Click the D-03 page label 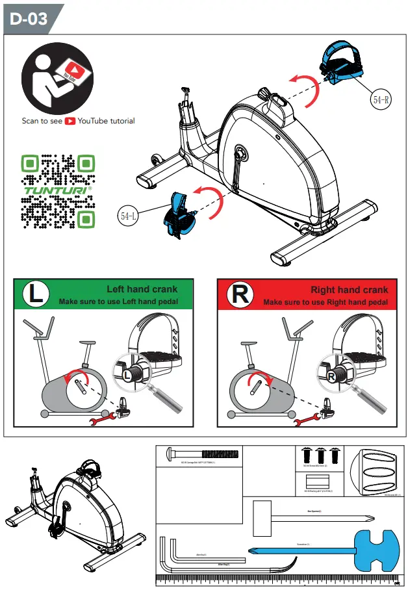(29, 19)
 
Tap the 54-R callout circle (381, 99)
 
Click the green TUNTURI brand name (58, 192)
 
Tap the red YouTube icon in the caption (70, 121)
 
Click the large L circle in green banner (38, 294)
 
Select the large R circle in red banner (240, 294)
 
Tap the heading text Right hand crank (349, 290)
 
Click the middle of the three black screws (320, 455)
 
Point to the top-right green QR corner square (86, 162)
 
